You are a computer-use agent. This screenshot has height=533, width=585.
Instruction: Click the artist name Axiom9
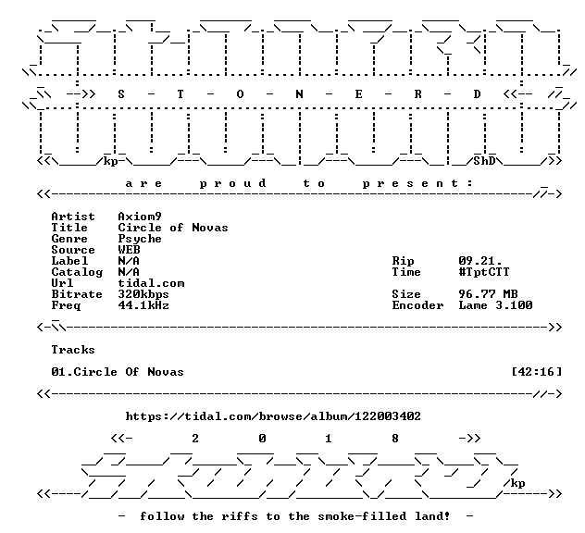point(140,217)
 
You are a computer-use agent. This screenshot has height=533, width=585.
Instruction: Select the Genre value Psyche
point(140,239)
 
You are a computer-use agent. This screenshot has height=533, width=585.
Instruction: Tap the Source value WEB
point(129,250)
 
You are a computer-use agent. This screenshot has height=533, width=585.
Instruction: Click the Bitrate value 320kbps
point(143,294)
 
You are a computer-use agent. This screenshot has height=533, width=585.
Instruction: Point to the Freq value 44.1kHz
point(143,305)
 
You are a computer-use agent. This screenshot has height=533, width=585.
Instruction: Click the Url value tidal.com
point(151,283)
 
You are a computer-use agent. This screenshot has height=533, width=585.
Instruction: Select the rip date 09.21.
point(480,261)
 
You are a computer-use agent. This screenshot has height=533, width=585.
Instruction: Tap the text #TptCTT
point(484,272)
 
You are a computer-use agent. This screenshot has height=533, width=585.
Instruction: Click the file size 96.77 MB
point(489,294)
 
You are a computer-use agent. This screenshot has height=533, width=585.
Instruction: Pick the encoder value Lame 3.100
point(495,305)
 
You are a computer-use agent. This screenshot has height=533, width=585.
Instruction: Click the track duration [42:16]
point(537,372)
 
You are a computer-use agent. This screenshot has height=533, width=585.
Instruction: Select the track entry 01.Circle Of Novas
point(118,372)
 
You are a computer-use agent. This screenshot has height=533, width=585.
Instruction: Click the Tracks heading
point(73,350)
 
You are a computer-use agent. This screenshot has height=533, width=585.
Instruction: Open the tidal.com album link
point(273,416)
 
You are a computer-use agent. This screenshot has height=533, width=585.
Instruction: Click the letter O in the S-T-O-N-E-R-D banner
point(240,94)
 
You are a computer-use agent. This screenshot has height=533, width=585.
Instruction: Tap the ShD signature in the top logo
point(484,161)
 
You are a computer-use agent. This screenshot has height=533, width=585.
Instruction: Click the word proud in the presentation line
point(233,183)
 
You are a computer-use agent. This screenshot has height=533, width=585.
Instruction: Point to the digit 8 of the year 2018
point(395,439)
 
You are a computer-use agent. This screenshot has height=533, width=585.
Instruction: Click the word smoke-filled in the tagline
point(362,516)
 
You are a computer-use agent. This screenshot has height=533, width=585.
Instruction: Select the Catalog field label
point(77,273)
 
